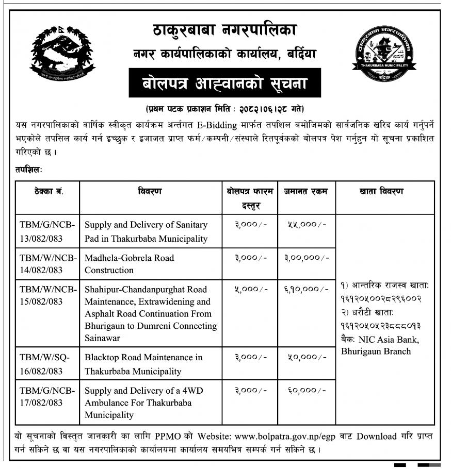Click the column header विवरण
(150, 192)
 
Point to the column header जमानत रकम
(306, 192)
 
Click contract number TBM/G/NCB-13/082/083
(47, 231)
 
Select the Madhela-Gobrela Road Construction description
(130, 264)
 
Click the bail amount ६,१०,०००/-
(306, 290)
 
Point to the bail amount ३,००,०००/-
(307, 258)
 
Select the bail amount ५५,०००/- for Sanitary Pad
(306, 225)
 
